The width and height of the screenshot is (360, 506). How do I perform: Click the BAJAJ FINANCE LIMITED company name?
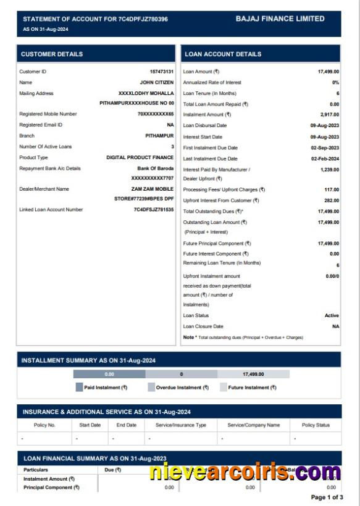coord(280,19)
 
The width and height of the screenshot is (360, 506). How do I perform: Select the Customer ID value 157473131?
coord(161,72)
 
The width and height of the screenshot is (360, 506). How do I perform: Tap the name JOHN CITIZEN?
coord(156,82)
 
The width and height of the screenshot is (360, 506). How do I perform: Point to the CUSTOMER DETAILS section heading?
coord(52,54)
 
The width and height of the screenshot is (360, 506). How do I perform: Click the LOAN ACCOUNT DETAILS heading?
coord(223,54)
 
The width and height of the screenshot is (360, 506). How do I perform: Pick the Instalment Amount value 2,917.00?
coord(329,115)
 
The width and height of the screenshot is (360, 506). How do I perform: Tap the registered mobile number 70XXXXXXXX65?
coord(156,114)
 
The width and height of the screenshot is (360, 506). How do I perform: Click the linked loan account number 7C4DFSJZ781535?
coord(154,210)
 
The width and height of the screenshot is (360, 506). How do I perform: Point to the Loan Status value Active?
coord(332,315)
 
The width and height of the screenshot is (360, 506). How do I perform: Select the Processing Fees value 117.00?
coord(332,189)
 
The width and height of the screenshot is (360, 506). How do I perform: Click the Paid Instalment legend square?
coord(79,388)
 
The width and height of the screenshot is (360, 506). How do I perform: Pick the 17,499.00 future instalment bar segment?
coord(253,374)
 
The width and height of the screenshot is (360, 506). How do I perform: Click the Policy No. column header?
coord(44,425)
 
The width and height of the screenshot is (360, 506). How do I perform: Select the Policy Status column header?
coord(316,425)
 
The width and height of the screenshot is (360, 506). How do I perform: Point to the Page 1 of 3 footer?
coord(327,497)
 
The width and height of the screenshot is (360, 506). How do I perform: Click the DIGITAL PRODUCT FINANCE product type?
coord(140,157)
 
